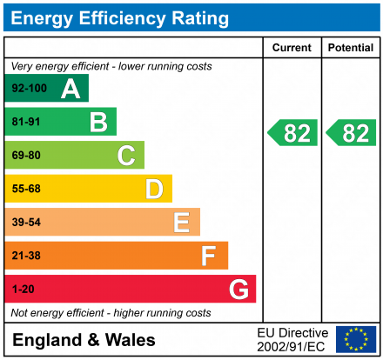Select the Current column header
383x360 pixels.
point(292,48)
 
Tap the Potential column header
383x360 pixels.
point(351,48)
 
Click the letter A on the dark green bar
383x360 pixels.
point(71,89)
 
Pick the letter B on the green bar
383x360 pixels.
point(98,123)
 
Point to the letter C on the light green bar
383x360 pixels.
point(126,156)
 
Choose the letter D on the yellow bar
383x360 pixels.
point(154,189)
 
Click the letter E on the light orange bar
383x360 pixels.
point(182,223)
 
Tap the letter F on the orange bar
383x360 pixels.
point(209,256)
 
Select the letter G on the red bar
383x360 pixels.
point(238,289)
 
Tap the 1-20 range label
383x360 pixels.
point(23,289)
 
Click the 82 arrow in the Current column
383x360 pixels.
point(292,133)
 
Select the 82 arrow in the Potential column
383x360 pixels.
point(352,133)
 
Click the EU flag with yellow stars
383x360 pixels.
point(355,339)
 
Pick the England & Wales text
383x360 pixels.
point(84,340)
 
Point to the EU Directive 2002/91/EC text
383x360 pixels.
point(292,339)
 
